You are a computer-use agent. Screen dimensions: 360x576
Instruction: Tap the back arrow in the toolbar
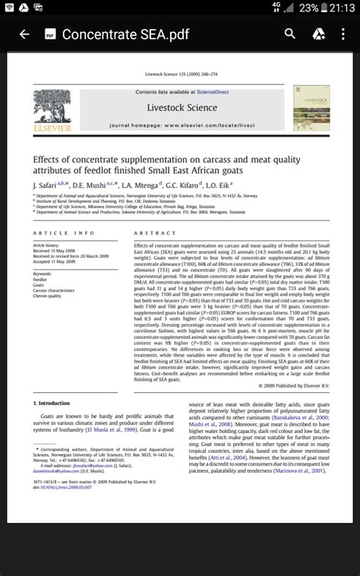coord(24,34)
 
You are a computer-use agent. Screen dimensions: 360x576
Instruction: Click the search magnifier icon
coord(290,34)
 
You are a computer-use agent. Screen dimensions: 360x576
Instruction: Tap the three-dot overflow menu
coord(342,34)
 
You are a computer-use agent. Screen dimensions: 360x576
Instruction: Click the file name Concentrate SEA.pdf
coord(126,34)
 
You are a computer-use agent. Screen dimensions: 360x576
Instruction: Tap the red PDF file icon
coord(49,34)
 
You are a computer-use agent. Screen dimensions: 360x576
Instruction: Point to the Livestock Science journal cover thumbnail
coord(311,107)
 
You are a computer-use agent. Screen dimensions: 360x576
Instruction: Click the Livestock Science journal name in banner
coord(182,107)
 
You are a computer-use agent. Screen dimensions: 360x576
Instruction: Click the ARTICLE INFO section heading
coord(64,233)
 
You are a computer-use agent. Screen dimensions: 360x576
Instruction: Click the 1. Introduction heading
coord(52,403)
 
